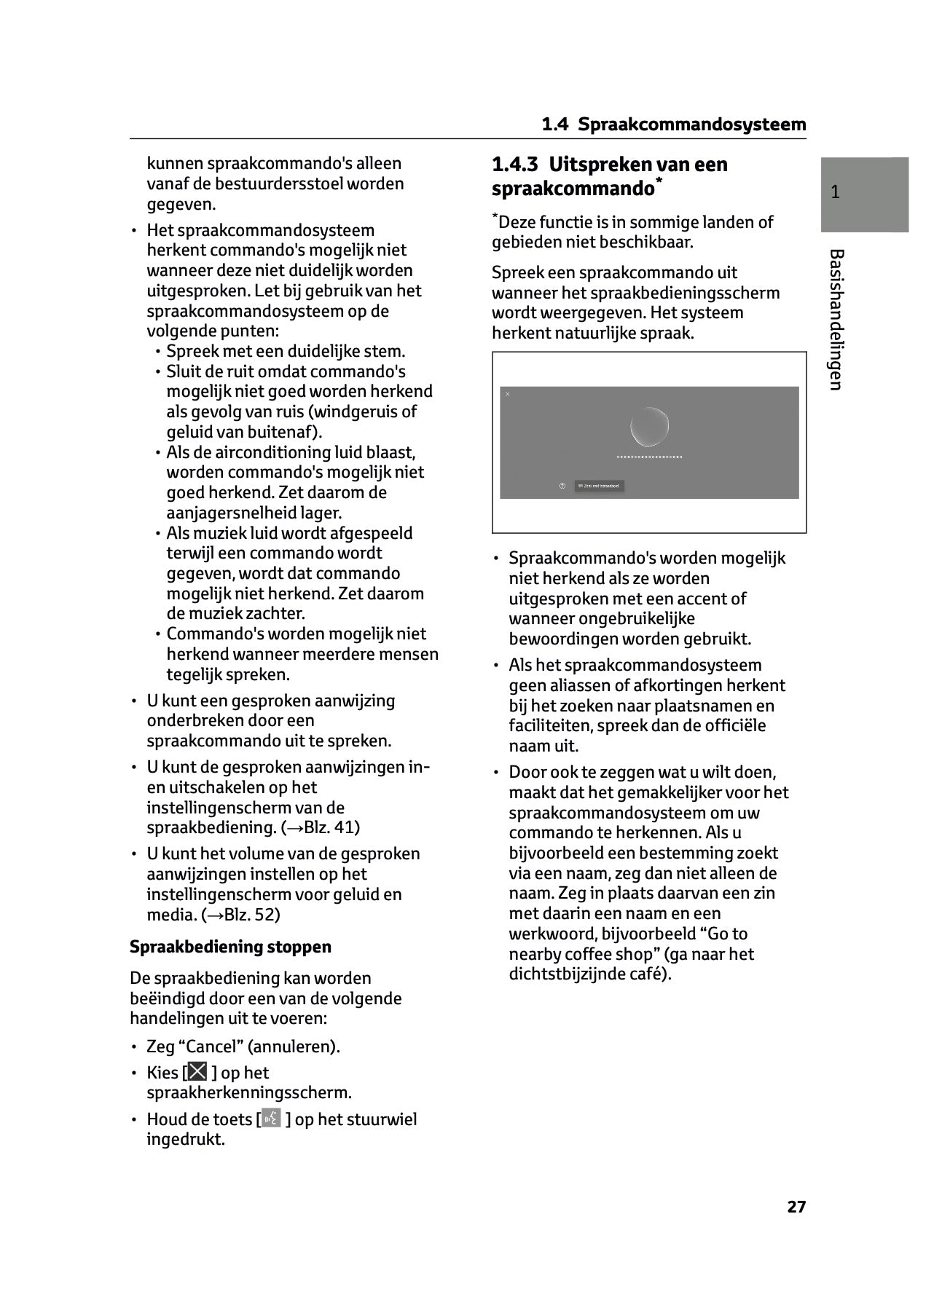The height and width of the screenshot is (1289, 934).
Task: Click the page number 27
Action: [796, 1207]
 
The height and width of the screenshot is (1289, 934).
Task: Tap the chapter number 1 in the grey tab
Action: [836, 192]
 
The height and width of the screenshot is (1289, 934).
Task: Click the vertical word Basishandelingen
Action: [836, 320]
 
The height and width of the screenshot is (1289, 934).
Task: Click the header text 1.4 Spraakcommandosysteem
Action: [674, 125]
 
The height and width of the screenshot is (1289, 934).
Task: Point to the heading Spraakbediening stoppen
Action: [230, 947]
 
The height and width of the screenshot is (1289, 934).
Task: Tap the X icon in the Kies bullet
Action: [197, 1072]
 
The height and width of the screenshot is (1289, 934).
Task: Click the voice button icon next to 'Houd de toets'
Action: [271, 1119]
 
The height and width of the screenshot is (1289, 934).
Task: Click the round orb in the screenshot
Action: [648, 427]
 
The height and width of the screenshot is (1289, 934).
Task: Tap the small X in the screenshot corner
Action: [508, 395]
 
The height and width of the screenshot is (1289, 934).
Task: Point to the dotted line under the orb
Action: [649, 457]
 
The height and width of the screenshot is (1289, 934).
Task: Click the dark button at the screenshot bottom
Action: [599, 486]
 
